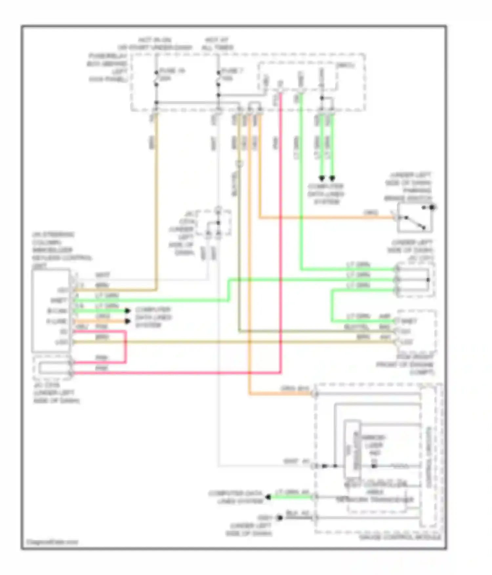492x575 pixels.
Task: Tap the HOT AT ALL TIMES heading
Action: [x=217, y=44]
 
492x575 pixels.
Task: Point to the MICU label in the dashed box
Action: [x=345, y=66]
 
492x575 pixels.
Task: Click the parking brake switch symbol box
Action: [x=414, y=217]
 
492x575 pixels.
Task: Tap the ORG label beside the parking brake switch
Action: [x=371, y=213]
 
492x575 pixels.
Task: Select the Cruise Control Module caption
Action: [x=400, y=538]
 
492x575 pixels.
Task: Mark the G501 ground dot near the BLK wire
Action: [x=280, y=518]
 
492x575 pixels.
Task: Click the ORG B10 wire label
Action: [x=295, y=389]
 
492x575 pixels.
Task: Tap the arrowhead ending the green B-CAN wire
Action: [x=128, y=311]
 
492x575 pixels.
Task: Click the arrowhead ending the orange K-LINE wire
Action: [x=128, y=321]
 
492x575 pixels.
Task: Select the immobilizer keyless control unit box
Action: [x=51, y=310]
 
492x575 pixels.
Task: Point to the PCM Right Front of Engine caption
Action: [x=405, y=365]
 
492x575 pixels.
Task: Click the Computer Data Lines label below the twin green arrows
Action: [x=326, y=194]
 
